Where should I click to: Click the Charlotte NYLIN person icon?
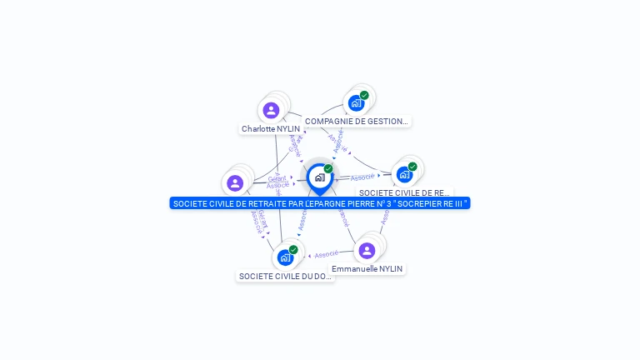(x=271, y=110)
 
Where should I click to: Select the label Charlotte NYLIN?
(x=271, y=129)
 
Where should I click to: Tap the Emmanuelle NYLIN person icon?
(x=367, y=250)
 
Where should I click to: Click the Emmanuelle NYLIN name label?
(x=367, y=269)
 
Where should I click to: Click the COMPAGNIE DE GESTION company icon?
(x=356, y=103)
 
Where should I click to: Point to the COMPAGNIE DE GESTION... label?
(x=357, y=122)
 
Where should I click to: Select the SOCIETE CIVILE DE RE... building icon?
(x=404, y=175)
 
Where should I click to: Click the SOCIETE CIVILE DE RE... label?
(x=405, y=193)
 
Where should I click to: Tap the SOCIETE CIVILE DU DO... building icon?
(x=285, y=257)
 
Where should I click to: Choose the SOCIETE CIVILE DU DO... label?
(x=285, y=276)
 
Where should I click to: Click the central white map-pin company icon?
(x=319, y=177)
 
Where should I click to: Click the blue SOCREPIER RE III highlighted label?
(x=320, y=203)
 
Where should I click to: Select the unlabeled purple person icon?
(x=235, y=182)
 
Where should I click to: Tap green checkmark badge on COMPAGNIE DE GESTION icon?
(x=364, y=95)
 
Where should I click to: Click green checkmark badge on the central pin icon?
(x=328, y=169)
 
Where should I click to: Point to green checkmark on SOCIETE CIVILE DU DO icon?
(x=293, y=249)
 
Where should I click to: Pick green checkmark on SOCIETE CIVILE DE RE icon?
(x=412, y=167)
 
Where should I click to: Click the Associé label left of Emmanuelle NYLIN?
(x=327, y=254)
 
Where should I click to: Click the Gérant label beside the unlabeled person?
(x=277, y=178)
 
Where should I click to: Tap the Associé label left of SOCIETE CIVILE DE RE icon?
(x=362, y=177)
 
